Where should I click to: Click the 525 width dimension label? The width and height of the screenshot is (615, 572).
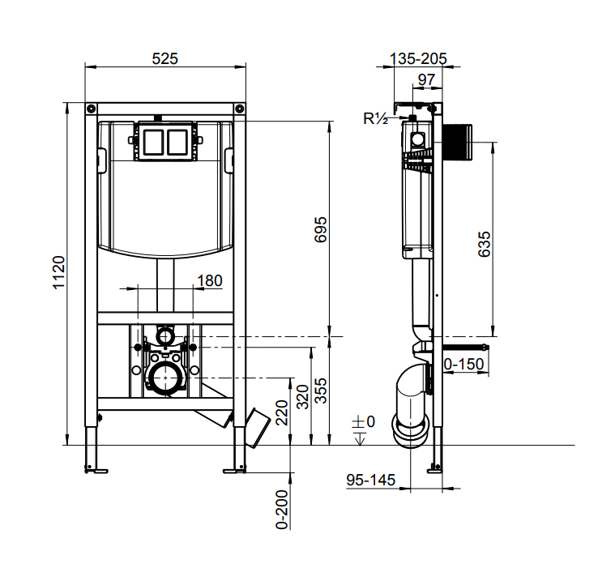click(164, 59)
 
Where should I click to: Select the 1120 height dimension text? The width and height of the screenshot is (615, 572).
click(59, 272)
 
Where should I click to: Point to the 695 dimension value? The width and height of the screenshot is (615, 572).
click(320, 230)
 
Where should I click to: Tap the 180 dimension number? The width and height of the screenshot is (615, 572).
click(209, 280)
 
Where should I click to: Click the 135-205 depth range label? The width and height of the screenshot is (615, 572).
click(418, 59)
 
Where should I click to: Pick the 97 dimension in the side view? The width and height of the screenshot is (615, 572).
click(426, 80)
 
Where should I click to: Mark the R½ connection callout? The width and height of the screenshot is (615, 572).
click(376, 118)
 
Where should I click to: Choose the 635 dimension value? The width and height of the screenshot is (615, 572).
click(485, 244)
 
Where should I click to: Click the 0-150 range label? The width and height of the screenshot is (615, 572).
click(463, 365)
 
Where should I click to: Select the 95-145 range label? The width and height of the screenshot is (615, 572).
click(370, 480)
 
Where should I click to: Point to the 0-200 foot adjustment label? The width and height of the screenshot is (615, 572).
click(282, 510)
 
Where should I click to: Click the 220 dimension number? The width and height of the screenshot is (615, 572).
click(282, 413)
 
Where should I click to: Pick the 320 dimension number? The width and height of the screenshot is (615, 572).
click(302, 397)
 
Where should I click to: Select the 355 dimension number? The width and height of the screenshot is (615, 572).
click(320, 391)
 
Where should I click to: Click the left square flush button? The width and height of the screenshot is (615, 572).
click(154, 142)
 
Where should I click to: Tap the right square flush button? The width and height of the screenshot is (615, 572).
click(177, 142)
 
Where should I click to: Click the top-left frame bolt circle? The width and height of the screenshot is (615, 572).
click(91, 109)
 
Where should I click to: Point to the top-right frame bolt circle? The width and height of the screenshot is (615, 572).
click(240, 109)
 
